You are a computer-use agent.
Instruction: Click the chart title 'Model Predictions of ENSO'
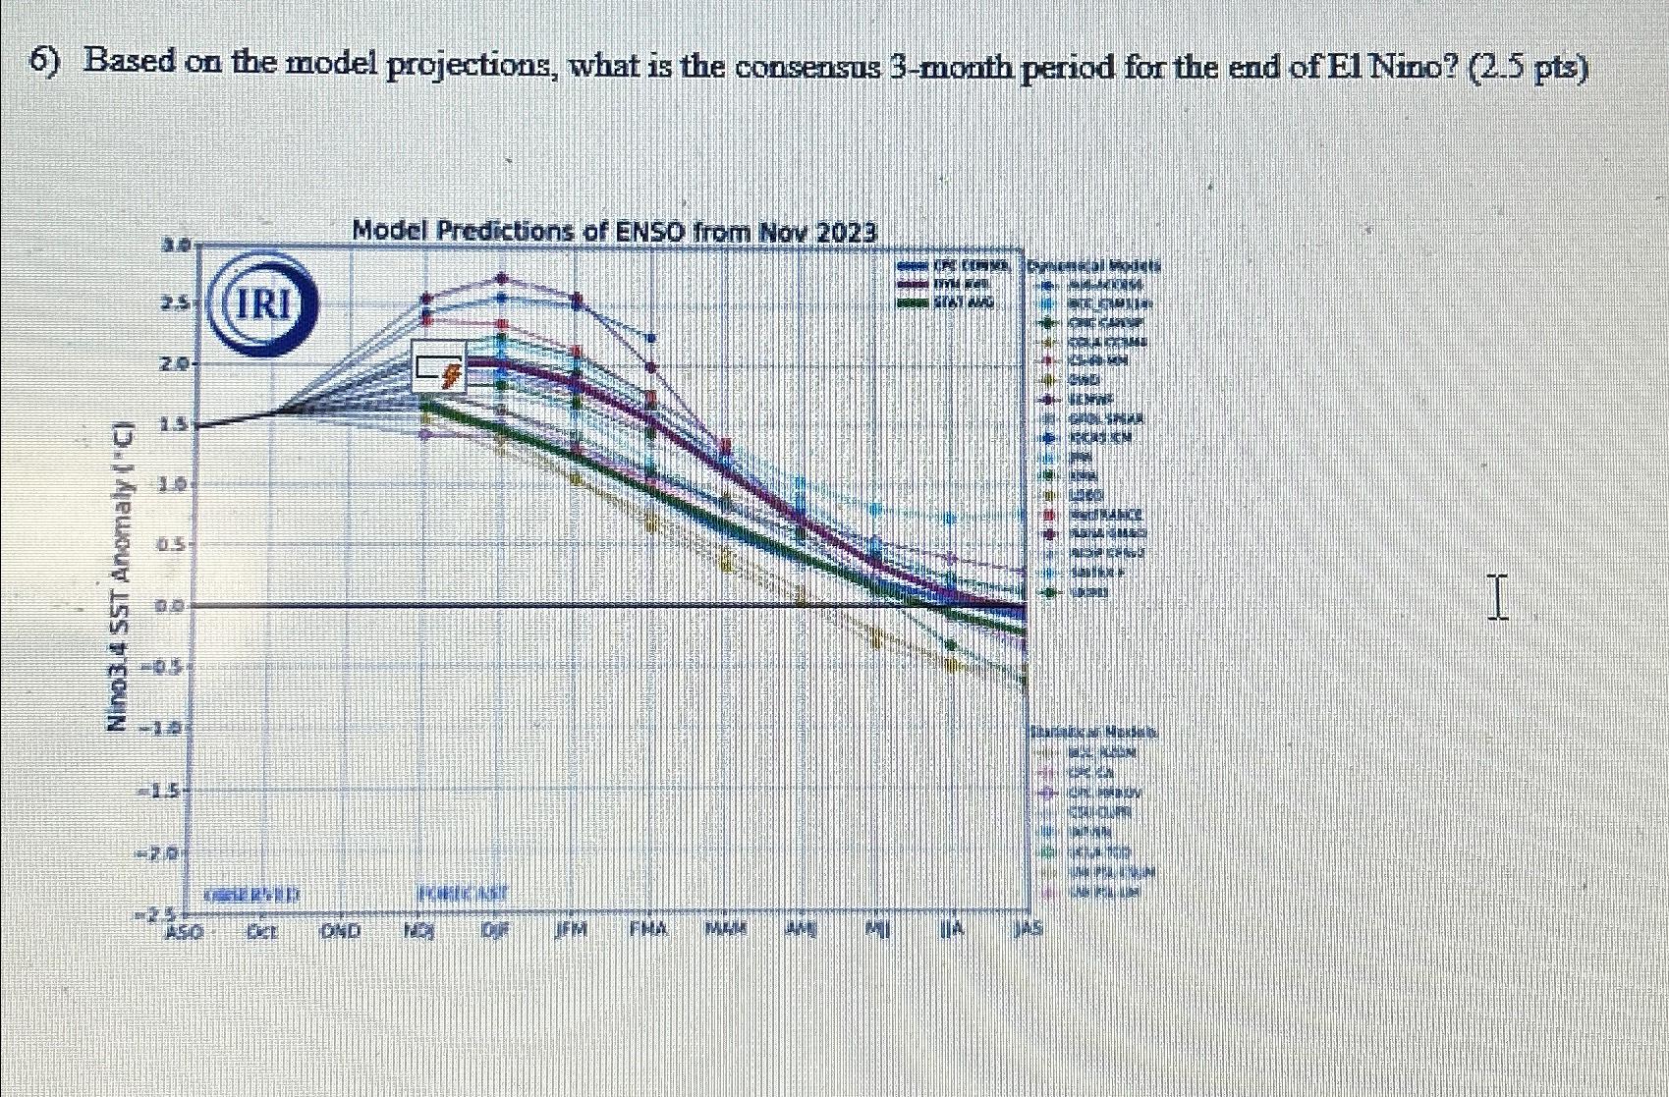pos(613,232)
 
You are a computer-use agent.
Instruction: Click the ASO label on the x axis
pos(183,930)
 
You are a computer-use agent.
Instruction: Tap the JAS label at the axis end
pos(1028,928)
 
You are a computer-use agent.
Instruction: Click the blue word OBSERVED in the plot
pos(252,895)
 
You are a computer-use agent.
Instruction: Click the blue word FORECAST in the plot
pos(463,894)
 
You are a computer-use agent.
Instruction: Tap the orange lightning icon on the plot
pos(452,374)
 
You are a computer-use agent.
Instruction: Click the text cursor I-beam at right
pos(1496,598)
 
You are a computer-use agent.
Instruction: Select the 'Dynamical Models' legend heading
pos(1093,266)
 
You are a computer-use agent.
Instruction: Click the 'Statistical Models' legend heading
pos(1093,733)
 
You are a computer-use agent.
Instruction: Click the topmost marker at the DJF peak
pos(502,278)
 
